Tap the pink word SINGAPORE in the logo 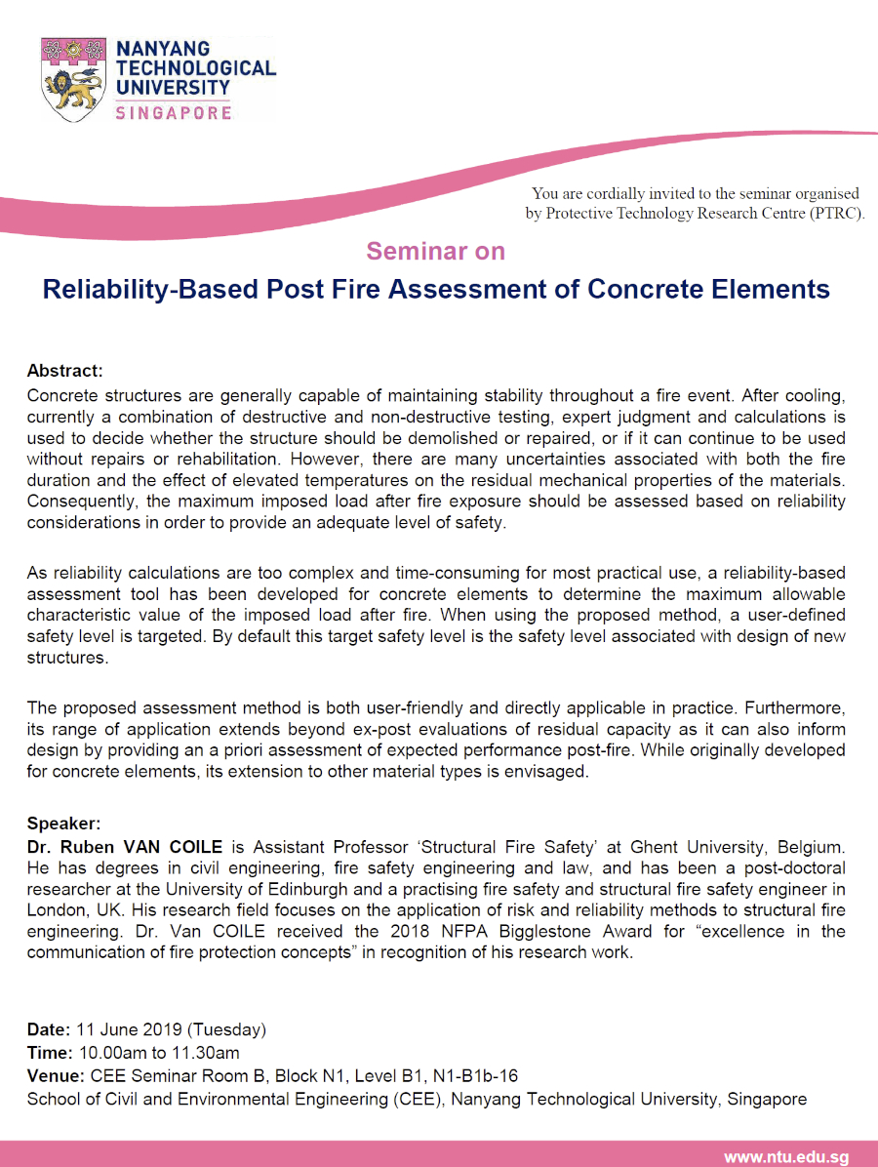(174, 113)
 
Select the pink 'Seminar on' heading (435, 251)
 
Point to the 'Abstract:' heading (64, 371)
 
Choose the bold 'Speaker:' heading (63, 823)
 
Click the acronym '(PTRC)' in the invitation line (836, 214)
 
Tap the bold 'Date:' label (48, 1029)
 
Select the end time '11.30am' (207, 1053)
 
